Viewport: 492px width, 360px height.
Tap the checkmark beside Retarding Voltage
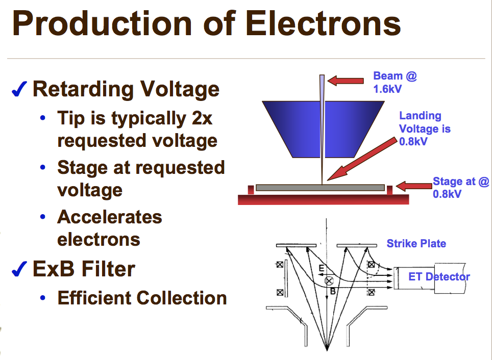click(x=19, y=90)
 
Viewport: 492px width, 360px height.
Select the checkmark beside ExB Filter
click(x=19, y=269)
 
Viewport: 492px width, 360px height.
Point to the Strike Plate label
click(x=416, y=243)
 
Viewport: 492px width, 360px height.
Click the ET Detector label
click(x=439, y=276)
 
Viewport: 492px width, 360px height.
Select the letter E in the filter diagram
click(x=321, y=269)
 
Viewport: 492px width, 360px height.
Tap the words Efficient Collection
click(x=142, y=298)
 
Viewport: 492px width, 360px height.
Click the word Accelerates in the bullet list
click(x=110, y=217)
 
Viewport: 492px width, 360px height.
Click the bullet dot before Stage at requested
click(x=45, y=168)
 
